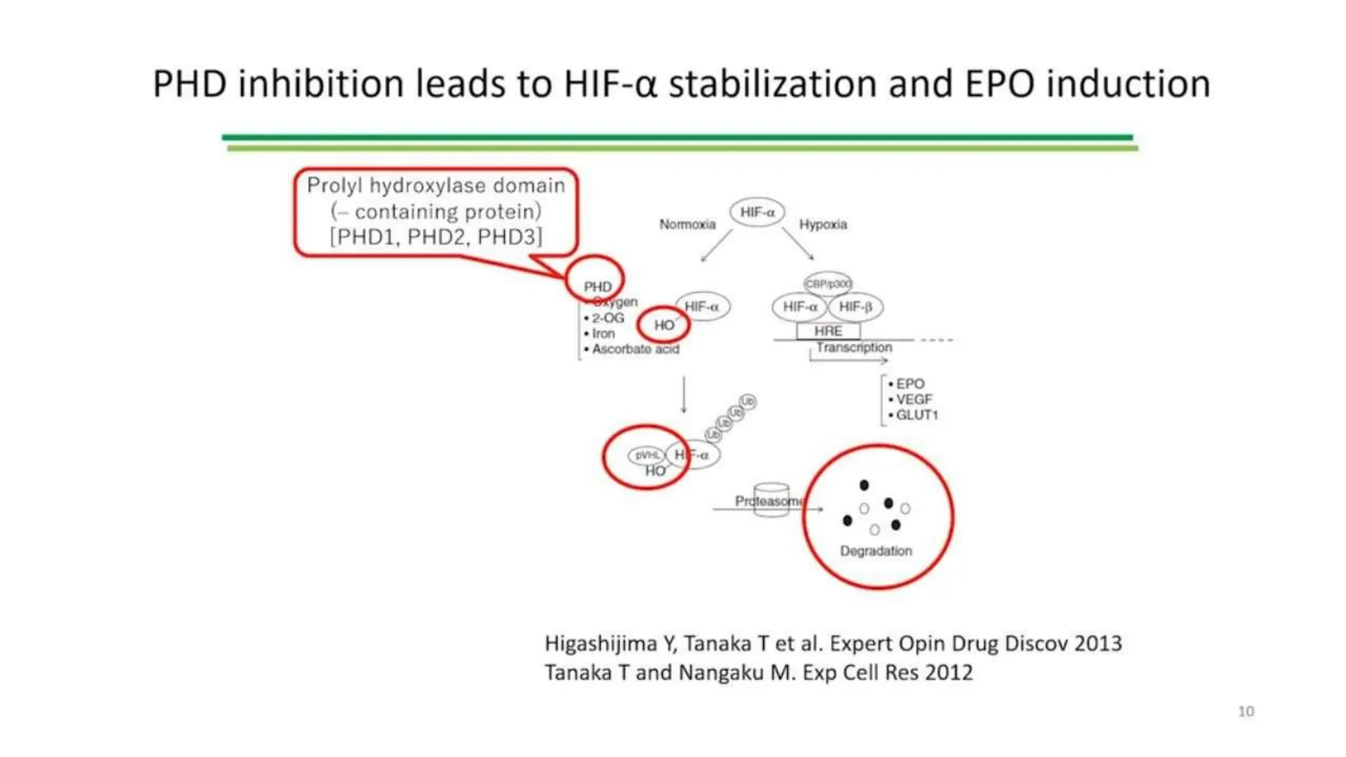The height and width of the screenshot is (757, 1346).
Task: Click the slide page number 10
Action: point(1245,711)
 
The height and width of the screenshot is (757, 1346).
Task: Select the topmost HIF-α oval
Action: point(757,212)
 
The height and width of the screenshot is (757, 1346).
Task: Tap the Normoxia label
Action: point(687,224)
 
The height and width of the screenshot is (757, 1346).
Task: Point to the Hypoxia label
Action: point(823,224)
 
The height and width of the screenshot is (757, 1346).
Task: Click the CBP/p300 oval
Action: point(828,284)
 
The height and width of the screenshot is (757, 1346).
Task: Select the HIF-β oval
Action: point(856,307)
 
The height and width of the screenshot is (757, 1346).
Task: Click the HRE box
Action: point(828,331)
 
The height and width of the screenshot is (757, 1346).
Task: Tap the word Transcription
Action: point(854,347)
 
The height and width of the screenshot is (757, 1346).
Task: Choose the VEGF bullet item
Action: point(914,400)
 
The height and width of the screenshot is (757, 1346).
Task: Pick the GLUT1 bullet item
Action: point(916,415)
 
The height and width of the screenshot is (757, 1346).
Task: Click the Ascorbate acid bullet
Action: point(635,349)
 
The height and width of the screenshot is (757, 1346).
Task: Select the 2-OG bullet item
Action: point(607,318)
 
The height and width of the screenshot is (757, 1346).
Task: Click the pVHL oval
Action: point(647,455)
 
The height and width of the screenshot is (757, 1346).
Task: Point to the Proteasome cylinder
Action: point(771,501)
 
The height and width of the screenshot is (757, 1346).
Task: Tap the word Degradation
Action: point(876,551)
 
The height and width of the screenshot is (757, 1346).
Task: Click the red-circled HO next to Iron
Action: point(664,325)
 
